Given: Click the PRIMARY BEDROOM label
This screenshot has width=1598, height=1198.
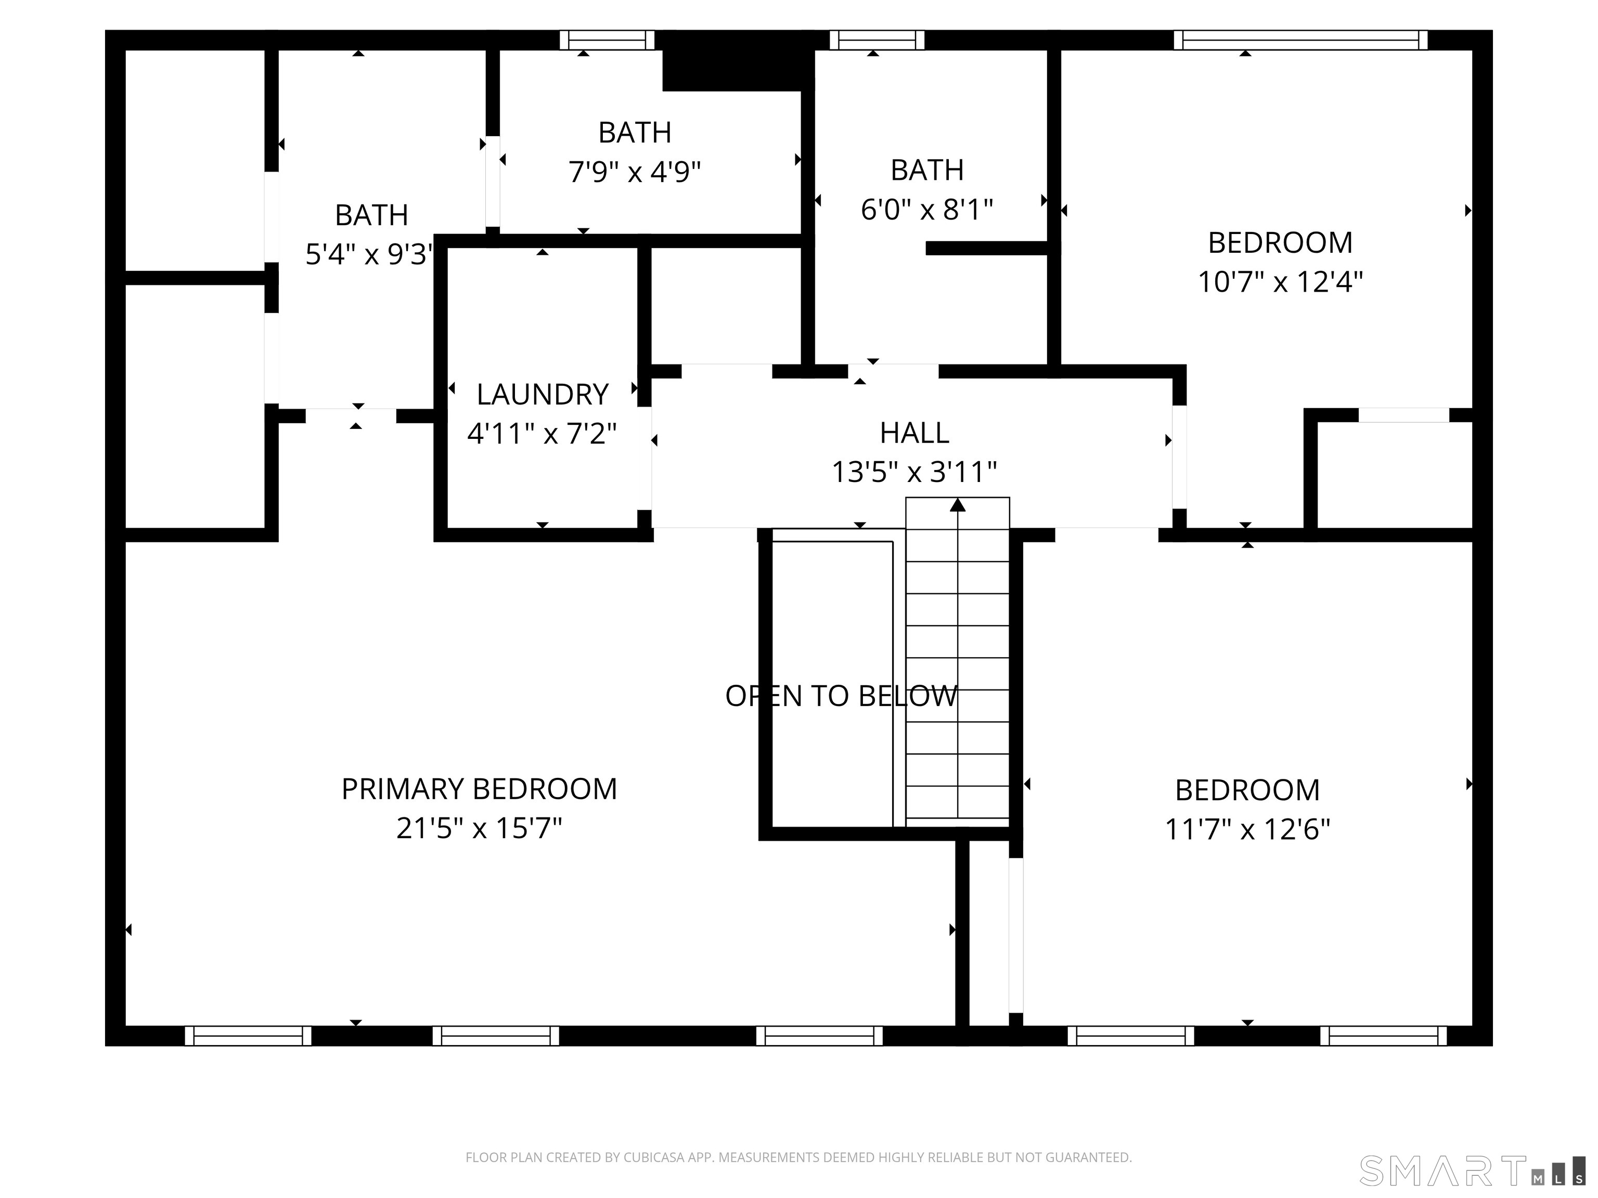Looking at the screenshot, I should pyautogui.click(x=479, y=789).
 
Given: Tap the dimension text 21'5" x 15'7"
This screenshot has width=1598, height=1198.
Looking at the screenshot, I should pyautogui.click(x=479, y=828).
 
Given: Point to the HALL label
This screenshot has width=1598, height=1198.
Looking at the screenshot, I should pyautogui.click(x=914, y=433).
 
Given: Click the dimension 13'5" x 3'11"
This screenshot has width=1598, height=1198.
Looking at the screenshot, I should pyautogui.click(x=914, y=472).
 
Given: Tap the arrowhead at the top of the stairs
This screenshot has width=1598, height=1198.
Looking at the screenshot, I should pyautogui.click(x=958, y=505).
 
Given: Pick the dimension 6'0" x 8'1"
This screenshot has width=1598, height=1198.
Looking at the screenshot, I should pyautogui.click(x=927, y=210).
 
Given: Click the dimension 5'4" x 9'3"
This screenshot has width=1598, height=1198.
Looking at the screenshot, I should pyautogui.click(x=369, y=254).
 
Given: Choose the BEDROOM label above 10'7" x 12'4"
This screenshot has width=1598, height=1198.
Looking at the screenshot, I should pyautogui.click(x=1280, y=243).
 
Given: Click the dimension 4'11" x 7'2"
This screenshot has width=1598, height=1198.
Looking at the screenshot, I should pyautogui.click(x=542, y=434).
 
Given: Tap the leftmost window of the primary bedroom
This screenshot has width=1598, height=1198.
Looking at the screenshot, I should pyautogui.click(x=248, y=1036).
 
